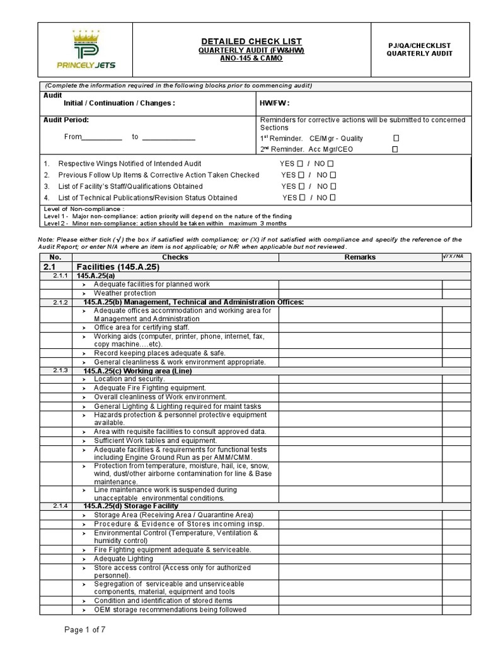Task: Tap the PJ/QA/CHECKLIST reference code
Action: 419,45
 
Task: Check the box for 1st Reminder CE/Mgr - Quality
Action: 396,139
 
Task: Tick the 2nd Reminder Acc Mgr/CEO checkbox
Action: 395,150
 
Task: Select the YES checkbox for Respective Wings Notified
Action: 300,163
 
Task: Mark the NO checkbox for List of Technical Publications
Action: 333,198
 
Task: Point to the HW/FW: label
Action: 275,103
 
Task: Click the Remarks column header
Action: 360,257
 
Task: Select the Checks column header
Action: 175,257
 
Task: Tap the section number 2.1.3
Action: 60,370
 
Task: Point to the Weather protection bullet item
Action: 125,294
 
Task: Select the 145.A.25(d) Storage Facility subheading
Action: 130,506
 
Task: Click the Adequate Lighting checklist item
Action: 124,559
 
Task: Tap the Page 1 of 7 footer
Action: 88,629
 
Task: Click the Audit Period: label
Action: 66,120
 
